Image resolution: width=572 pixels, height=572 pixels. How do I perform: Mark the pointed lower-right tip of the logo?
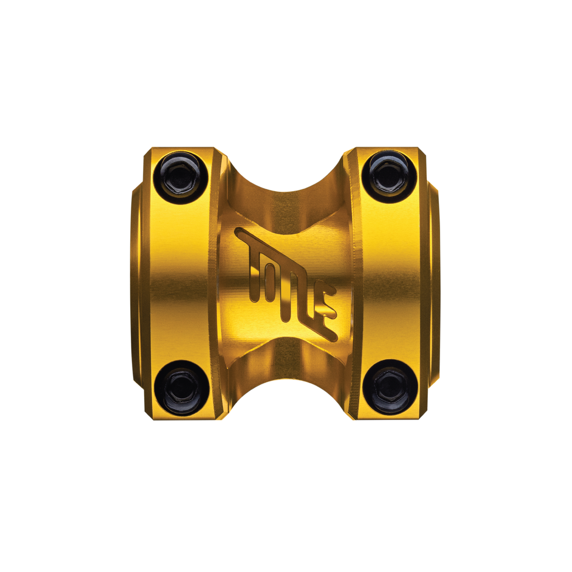tap(334, 338)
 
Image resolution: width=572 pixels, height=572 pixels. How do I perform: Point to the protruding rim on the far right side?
tap(434, 282)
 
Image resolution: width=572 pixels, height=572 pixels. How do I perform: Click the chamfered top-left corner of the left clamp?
tap(147, 152)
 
